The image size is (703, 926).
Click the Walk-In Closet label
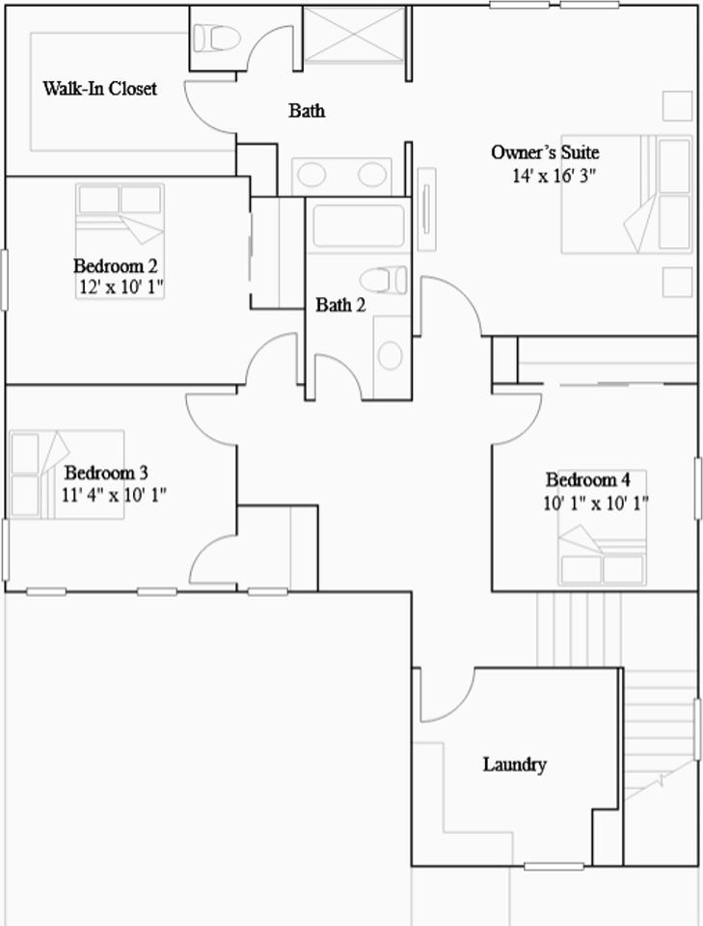click(x=99, y=89)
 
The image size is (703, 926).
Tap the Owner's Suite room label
click(x=545, y=152)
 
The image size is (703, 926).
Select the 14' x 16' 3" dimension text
click(x=553, y=176)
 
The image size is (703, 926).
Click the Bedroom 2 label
click(x=116, y=265)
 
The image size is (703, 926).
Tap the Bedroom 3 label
click(x=106, y=473)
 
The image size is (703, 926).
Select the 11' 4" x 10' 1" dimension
click(x=114, y=495)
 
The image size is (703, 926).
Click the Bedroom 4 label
click(x=588, y=480)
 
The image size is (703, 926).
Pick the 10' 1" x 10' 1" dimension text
click(x=595, y=502)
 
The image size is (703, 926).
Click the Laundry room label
click(x=514, y=765)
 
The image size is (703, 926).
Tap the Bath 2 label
click(x=340, y=306)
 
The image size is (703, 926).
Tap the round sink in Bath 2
click(x=390, y=354)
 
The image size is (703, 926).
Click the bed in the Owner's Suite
click(x=627, y=194)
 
